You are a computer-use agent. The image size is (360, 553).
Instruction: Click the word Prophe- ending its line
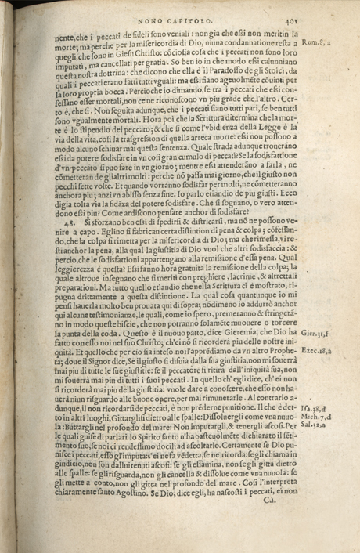click(298, 352)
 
